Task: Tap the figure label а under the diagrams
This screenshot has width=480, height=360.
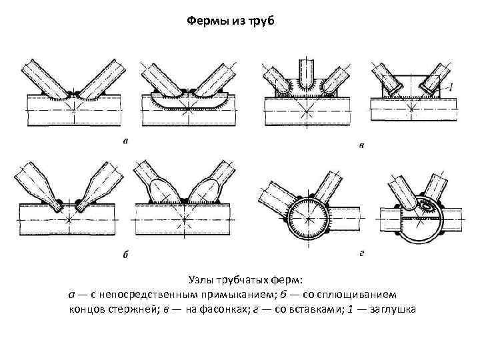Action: [x=125, y=141]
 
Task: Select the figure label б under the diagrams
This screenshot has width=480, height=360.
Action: [x=126, y=254]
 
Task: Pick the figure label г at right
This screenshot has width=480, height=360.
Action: [x=361, y=254]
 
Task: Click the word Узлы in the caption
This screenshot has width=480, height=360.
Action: [x=203, y=280]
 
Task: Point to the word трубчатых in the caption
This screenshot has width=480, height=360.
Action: [x=256, y=280]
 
